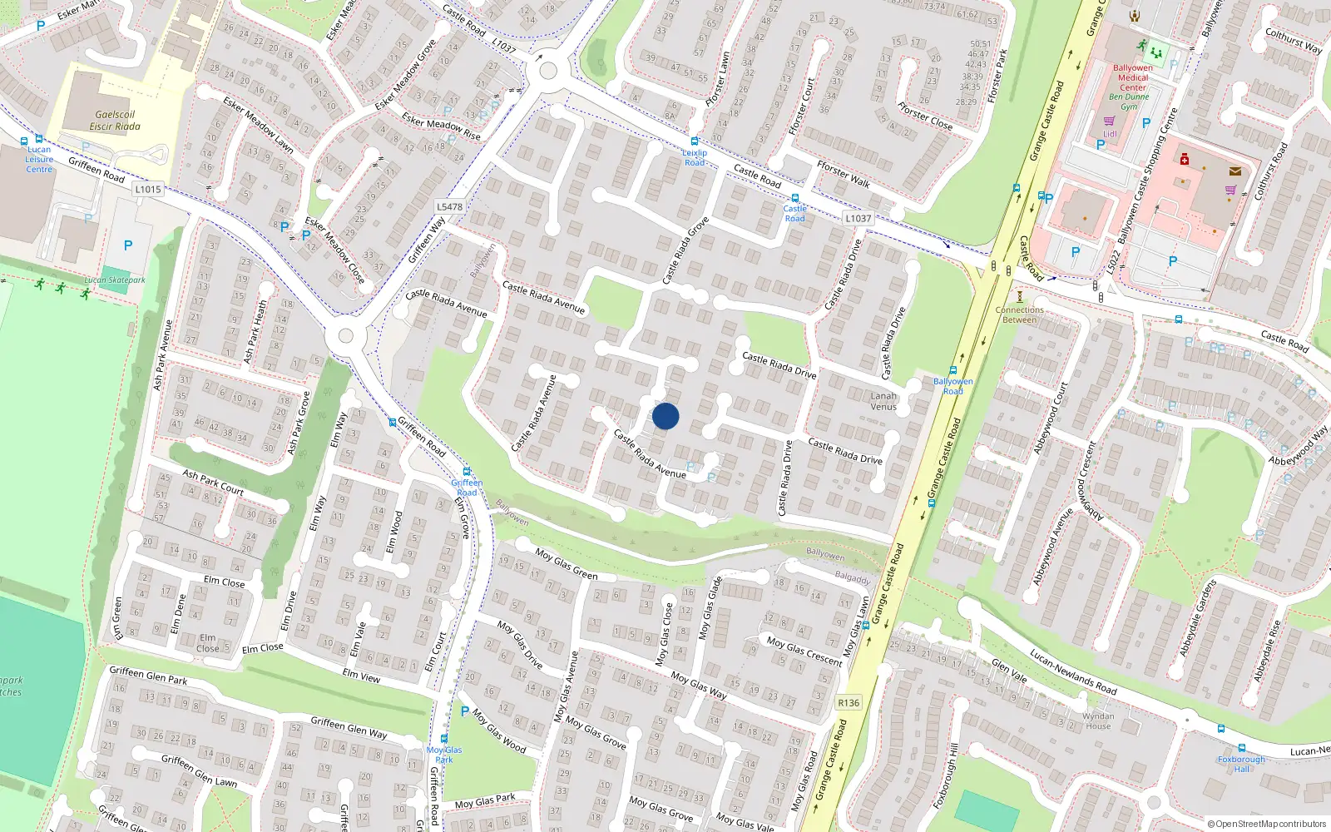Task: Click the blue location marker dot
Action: [665, 416]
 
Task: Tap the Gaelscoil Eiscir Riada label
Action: [115, 121]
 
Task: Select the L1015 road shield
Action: [147, 189]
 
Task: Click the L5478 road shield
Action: [449, 206]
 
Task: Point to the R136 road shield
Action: [849, 703]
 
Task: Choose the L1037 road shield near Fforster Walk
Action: [858, 218]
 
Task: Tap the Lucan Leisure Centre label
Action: [38, 159]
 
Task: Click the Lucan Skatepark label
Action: [115, 280]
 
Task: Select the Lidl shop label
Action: [1110, 133]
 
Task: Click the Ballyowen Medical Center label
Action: [1132, 77]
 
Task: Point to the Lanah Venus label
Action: [883, 401]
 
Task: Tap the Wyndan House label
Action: [1098, 721]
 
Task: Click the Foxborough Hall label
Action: [1241, 764]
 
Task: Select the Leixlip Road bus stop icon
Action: [695, 141]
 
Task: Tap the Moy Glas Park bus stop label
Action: [444, 755]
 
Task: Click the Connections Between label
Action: [1019, 314]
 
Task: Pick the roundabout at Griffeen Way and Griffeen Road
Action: [345, 337]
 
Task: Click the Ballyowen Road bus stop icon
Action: [953, 370]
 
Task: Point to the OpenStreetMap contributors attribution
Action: [1267, 824]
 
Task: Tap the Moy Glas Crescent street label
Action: [804, 650]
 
